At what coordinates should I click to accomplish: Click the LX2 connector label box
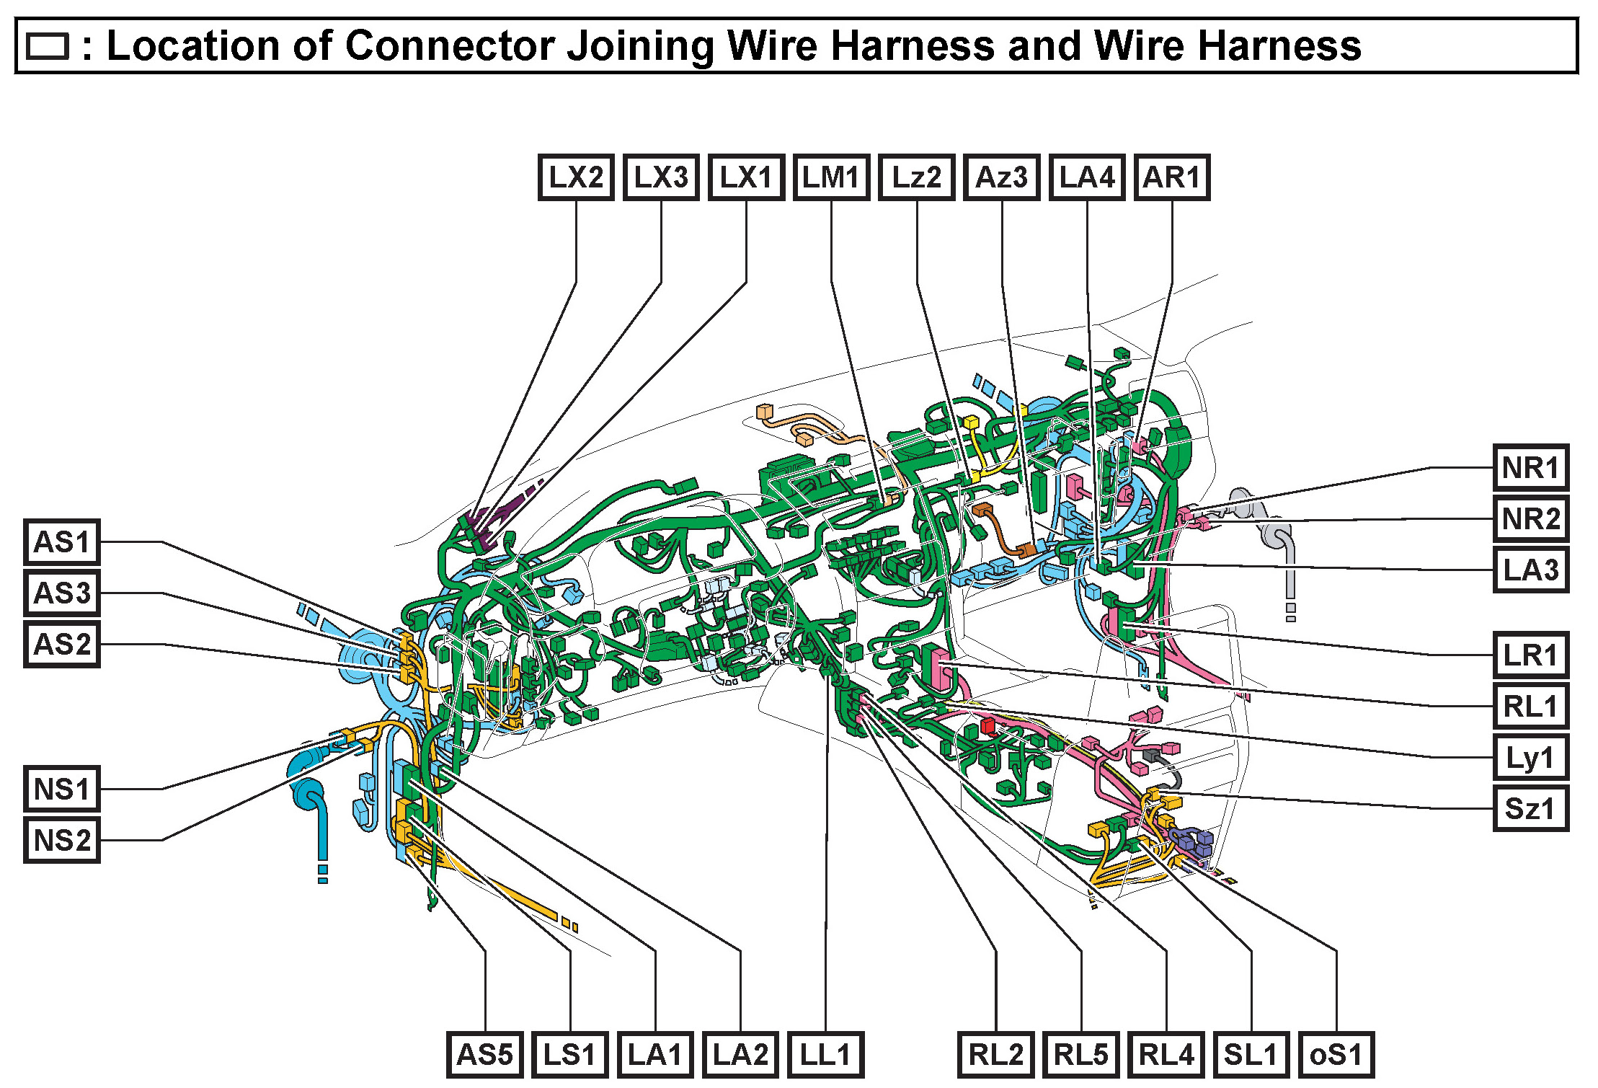coord(576,177)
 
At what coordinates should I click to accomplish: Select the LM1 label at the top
coord(831,177)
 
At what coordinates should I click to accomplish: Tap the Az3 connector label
coord(1002,177)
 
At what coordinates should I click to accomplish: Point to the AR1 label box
coord(1172,177)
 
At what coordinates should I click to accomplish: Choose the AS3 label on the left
coord(62,593)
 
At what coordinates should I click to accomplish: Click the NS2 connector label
coord(62,840)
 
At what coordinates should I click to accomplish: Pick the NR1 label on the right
coord(1530,468)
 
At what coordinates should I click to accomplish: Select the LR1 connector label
coord(1530,655)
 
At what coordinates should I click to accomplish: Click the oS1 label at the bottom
coord(1336,1055)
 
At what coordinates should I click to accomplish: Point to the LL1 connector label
coord(825,1055)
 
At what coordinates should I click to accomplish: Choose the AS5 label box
coord(485,1055)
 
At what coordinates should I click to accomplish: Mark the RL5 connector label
coord(1081,1055)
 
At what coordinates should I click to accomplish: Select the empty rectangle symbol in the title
coord(48,47)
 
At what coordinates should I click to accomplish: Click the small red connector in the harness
coord(987,725)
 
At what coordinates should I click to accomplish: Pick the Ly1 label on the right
coord(1530,758)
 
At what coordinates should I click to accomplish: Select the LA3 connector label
coord(1530,570)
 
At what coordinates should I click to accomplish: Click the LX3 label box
coord(661,177)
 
